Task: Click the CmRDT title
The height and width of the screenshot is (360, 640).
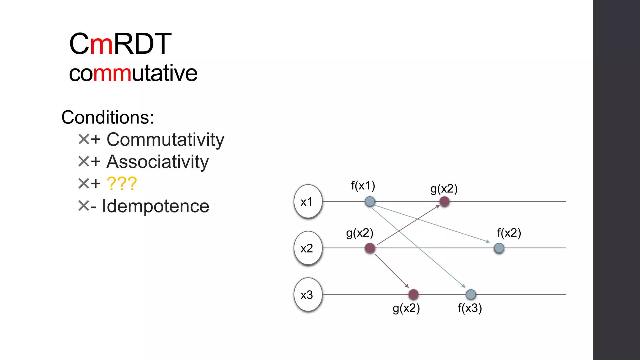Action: tap(120, 44)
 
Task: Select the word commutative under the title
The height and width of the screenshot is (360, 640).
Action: tap(133, 73)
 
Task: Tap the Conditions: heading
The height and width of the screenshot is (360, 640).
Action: tap(107, 117)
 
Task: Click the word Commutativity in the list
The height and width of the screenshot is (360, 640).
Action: tap(165, 139)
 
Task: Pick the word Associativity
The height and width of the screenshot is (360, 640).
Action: tap(157, 162)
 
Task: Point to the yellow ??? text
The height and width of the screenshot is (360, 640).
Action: tap(122, 183)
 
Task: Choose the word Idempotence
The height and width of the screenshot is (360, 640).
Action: tap(155, 206)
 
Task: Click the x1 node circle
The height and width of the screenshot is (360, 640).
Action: tap(308, 202)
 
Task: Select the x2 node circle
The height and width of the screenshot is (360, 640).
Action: tap(308, 248)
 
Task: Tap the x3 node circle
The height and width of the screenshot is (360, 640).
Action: tap(308, 295)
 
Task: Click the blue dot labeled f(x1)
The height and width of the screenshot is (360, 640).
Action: tap(370, 202)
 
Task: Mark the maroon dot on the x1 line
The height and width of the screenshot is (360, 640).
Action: tap(444, 202)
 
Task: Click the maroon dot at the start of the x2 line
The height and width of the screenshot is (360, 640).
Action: tap(370, 248)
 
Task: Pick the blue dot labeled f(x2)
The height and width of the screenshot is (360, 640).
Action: tap(499, 248)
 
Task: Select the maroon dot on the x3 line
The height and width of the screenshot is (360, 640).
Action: tap(413, 294)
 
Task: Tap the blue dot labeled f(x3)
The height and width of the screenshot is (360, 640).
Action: tap(471, 294)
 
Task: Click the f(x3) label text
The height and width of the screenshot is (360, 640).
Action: tap(470, 308)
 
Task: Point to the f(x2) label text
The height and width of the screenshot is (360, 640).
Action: tap(509, 233)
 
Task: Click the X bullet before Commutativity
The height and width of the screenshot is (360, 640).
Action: tap(83, 139)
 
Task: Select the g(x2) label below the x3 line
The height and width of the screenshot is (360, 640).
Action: tap(406, 308)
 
